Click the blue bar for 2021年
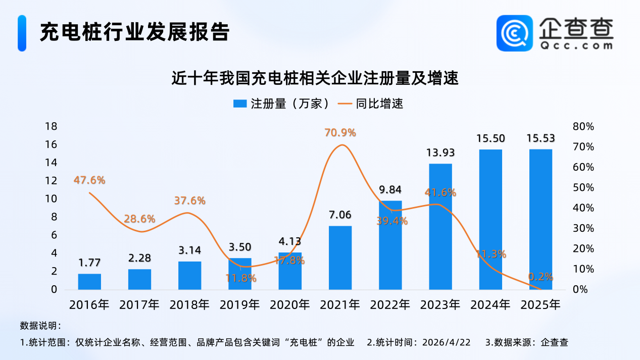pyautogui.click(x=340, y=258)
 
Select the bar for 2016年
pyautogui.click(x=89, y=282)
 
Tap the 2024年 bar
pyautogui.click(x=490, y=219)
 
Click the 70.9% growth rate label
pyautogui.click(x=340, y=133)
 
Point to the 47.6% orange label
pyautogui.click(x=89, y=180)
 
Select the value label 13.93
pyautogui.click(x=440, y=152)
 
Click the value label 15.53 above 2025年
pyautogui.click(x=540, y=138)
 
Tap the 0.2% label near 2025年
pyautogui.click(x=540, y=277)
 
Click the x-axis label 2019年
pyautogui.click(x=239, y=304)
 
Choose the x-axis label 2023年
pyautogui.click(x=440, y=304)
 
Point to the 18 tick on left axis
pyautogui.click(x=51, y=126)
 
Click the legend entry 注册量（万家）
pyautogui.click(x=282, y=104)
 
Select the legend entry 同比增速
pyautogui.click(x=371, y=104)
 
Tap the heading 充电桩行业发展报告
pyautogui.click(x=135, y=32)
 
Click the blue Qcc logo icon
pyautogui.click(x=514, y=33)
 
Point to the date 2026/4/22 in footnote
pyautogui.click(x=447, y=342)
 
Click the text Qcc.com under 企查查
pyautogui.click(x=576, y=45)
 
